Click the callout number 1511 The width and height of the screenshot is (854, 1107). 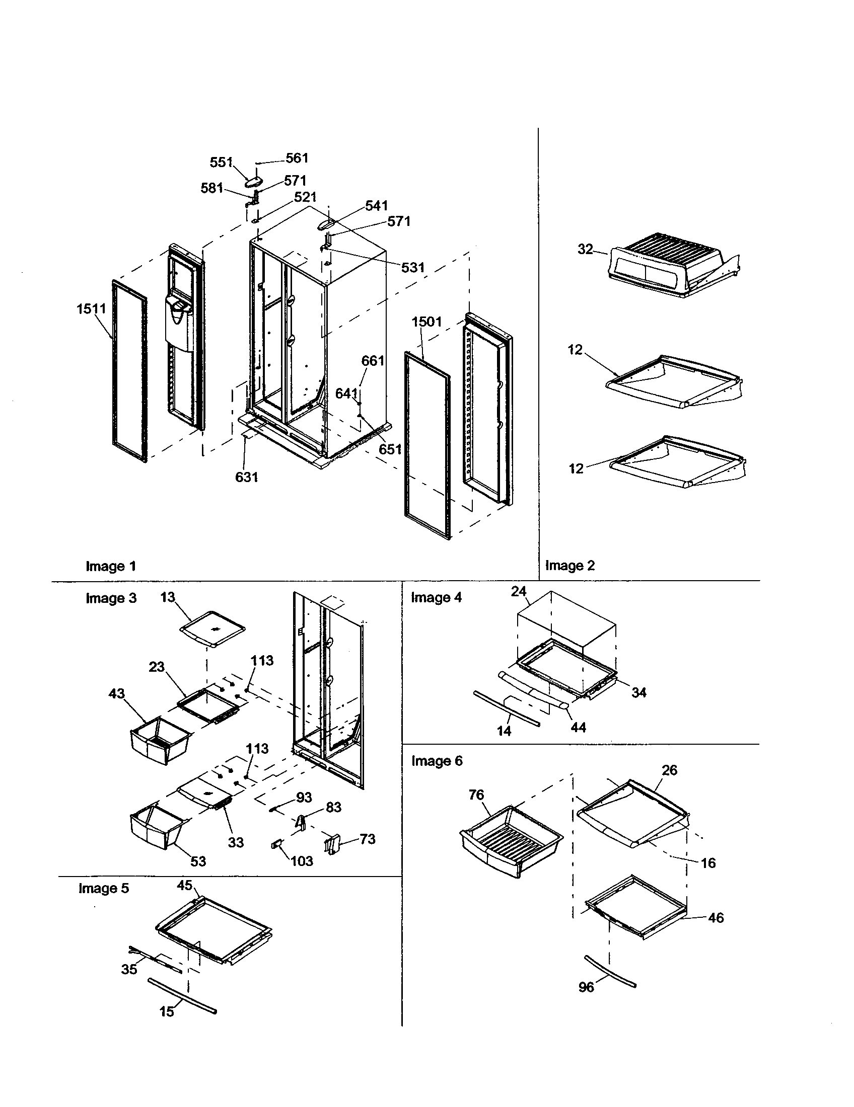click(91, 308)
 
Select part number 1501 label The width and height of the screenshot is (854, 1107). click(426, 322)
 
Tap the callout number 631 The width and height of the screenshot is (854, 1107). click(246, 477)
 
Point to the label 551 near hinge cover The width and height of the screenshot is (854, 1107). click(221, 163)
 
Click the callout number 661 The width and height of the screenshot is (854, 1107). click(373, 361)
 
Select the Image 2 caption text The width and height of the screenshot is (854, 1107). click(570, 566)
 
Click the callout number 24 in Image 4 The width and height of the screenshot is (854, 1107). click(518, 592)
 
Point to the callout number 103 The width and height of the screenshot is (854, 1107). click(302, 860)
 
